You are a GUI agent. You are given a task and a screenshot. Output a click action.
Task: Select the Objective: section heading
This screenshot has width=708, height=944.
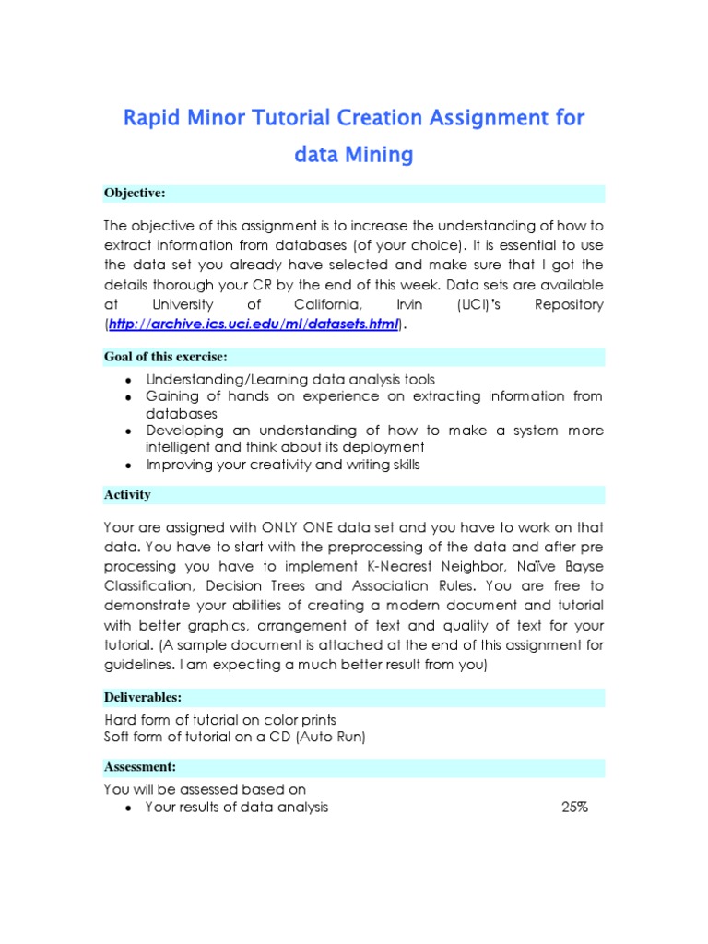point(135,193)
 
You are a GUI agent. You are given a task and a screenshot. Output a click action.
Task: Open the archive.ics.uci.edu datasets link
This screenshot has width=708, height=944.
point(254,324)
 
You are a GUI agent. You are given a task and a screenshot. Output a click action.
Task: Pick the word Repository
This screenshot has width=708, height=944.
point(569,304)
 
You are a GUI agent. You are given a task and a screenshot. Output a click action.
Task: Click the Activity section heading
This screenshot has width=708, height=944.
point(127,495)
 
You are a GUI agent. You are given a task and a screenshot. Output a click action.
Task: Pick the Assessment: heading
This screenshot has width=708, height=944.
point(140,767)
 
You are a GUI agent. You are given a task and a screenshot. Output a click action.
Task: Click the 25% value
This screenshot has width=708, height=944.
point(574,808)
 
